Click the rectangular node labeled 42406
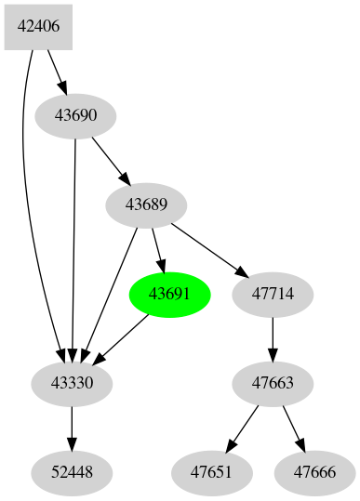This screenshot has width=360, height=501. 38,27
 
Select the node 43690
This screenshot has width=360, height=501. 74,116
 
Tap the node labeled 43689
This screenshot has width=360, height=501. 146,204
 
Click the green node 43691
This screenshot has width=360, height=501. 169,294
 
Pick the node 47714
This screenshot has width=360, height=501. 273,294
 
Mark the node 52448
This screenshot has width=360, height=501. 72,472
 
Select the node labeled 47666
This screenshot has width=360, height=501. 314,472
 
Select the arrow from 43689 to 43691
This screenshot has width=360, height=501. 158,249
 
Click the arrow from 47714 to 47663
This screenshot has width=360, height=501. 273,338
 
